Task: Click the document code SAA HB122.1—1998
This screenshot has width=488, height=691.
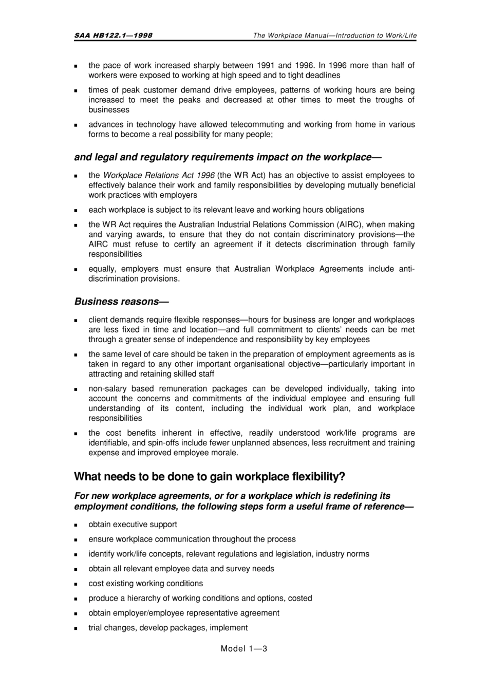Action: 113,35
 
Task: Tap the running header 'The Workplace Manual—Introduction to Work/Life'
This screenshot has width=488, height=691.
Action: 334,35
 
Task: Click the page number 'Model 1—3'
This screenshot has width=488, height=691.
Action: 243,648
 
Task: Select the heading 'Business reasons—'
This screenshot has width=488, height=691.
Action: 121,302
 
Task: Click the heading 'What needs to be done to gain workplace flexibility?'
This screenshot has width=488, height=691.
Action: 210,477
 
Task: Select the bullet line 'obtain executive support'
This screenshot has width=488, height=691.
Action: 133,525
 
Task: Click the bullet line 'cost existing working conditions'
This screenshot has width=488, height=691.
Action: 145,584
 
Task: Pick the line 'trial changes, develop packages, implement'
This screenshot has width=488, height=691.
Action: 168,628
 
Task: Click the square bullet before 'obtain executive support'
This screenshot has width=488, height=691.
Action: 76,526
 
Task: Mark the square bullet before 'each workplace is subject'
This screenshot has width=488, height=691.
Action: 76,211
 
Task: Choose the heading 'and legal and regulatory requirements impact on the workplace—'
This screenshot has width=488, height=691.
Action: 228,157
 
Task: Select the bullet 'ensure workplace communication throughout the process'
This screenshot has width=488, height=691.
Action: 192,539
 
